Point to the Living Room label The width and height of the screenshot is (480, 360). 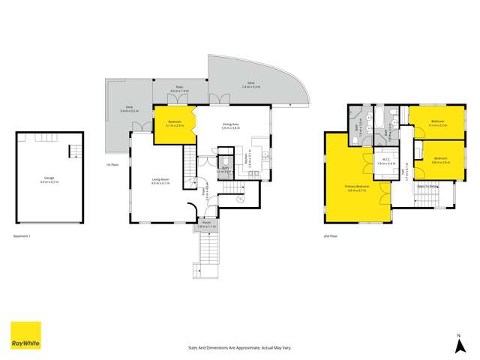point(160,180)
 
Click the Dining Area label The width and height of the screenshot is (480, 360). point(230,126)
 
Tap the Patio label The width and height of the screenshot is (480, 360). point(180,89)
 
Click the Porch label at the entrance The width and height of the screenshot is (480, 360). point(205,223)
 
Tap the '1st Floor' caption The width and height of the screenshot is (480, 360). point(113,164)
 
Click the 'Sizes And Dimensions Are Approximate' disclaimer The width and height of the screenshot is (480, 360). point(239,347)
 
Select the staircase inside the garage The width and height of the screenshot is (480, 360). point(74,151)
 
